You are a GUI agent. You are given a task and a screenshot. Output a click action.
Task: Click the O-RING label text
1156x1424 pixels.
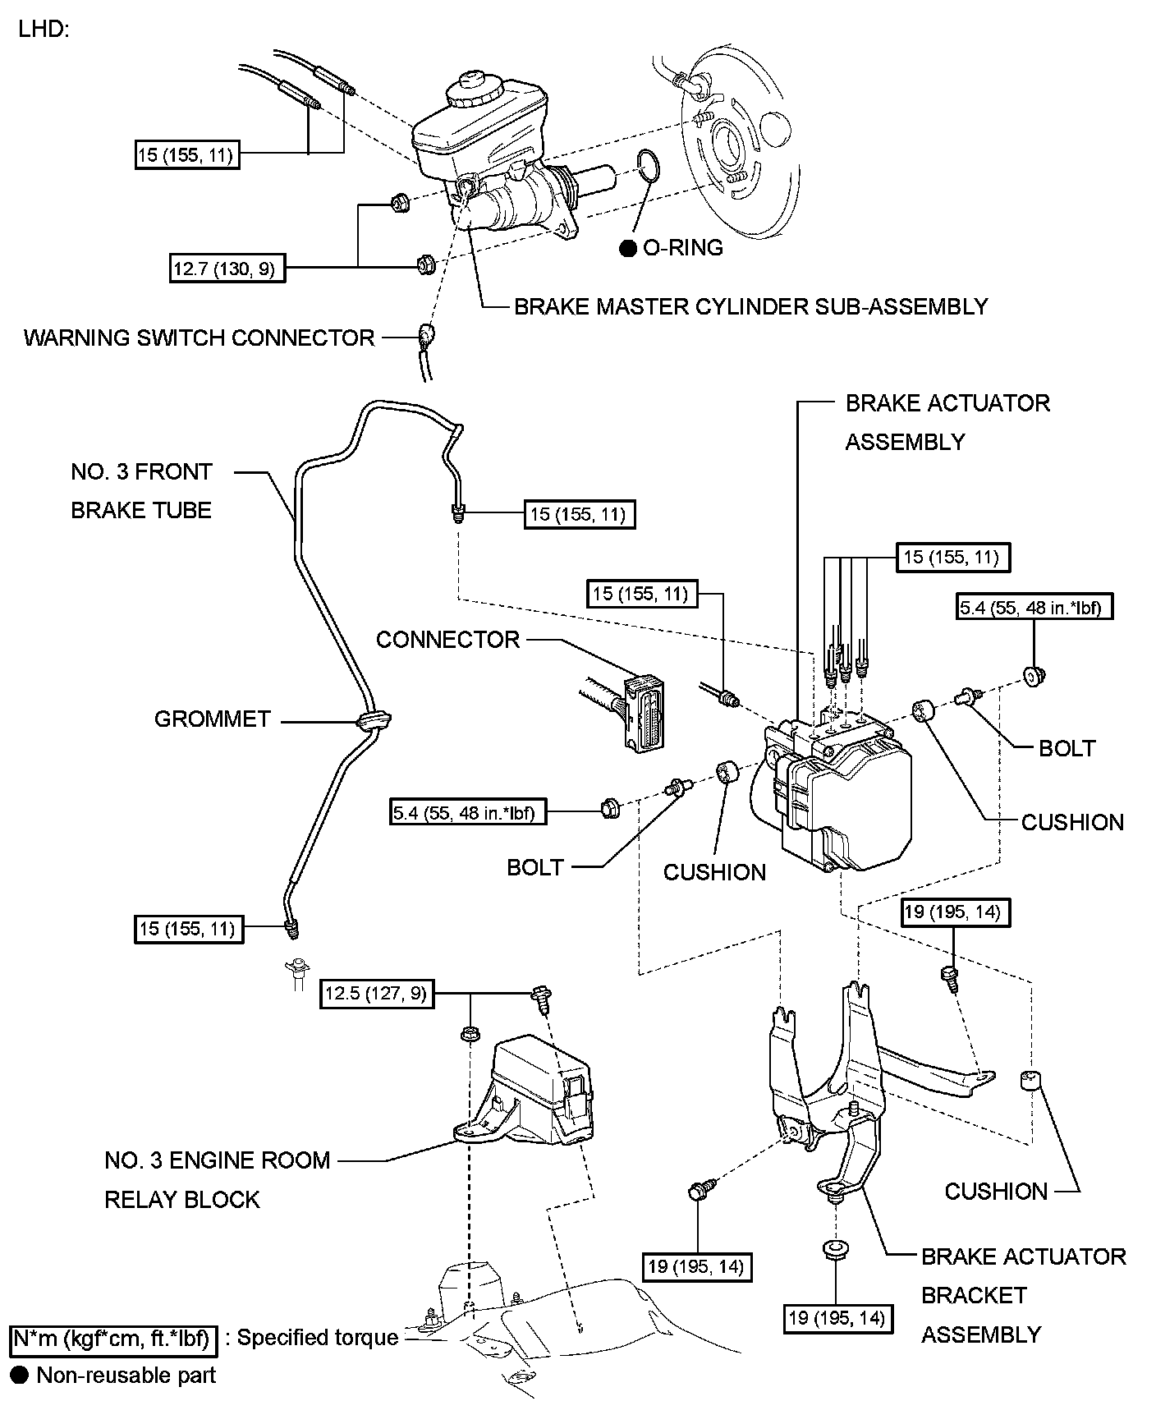click(682, 248)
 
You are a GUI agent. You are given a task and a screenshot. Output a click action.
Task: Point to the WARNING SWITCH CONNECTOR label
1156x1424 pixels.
click(199, 338)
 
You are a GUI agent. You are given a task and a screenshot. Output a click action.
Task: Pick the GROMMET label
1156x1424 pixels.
click(212, 719)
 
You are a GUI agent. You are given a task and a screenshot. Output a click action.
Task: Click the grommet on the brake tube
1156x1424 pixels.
click(374, 721)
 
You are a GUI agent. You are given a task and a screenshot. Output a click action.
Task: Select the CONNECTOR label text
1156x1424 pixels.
click(447, 640)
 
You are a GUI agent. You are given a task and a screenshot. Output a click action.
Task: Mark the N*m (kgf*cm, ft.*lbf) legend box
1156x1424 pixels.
click(113, 1339)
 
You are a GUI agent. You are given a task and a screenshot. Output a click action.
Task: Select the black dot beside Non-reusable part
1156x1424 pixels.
click(19, 1376)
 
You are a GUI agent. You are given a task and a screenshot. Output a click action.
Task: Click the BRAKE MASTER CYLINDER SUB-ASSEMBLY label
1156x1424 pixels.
click(750, 307)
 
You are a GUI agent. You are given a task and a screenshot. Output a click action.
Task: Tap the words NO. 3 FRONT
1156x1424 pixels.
click(141, 472)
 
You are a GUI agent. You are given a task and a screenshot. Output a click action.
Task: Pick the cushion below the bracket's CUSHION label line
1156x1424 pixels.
click(1030, 1080)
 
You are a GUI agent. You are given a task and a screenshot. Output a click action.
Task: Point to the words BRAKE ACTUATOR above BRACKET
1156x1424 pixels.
click(1023, 1256)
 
